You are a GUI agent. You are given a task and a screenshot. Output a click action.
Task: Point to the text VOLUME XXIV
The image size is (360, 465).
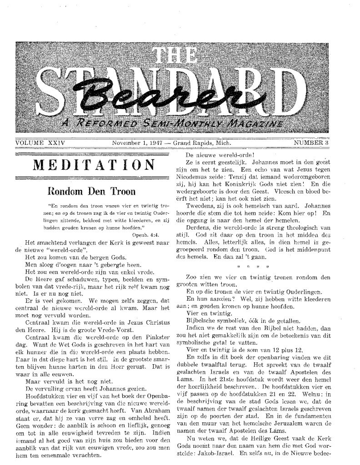(x=37, y=143)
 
